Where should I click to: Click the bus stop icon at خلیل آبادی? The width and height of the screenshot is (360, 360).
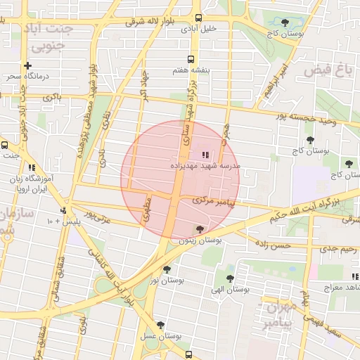pyautogui.click(x=199, y=18)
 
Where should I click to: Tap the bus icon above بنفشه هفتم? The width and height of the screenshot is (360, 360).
pyautogui.click(x=190, y=60)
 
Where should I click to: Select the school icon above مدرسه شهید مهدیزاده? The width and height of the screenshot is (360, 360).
pyautogui.click(x=205, y=155)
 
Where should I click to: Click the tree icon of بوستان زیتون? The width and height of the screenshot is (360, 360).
pyautogui.click(x=200, y=229)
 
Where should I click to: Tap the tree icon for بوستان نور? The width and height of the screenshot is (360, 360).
pyautogui.click(x=167, y=269)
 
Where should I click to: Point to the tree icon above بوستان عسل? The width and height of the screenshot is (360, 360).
pyautogui.click(x=161, y=326)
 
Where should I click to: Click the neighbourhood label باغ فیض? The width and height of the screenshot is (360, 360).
pyautogui.click(x=328, y=70)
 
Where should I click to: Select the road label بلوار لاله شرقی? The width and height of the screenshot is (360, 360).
pyautogui.click(x=150, y=21)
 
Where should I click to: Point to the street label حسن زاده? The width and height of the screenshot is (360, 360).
pyautogui.click(x=271, y=245)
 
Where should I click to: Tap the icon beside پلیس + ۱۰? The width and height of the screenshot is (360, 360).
pyautogui.click(x=63, y=210)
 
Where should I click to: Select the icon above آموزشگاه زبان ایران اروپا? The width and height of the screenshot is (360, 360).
pyautogui.click(x=32, y=167)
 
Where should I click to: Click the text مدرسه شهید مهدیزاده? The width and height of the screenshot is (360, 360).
pyautogui.click(x=205, y=166)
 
